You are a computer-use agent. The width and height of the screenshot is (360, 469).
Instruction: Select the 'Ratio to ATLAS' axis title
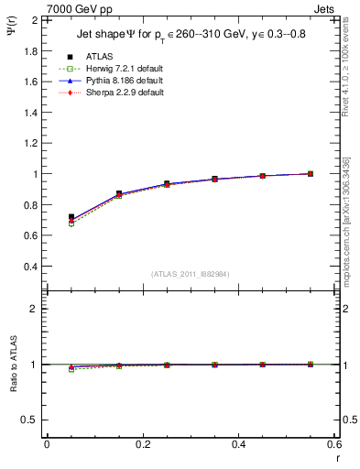14,387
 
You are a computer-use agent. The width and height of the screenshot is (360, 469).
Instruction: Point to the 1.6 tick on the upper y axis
31,81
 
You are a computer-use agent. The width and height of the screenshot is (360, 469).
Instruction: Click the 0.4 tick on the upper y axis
31,267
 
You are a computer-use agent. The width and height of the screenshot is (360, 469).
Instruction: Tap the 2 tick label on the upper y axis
35,19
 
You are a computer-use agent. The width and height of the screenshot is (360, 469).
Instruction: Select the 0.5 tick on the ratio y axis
30,420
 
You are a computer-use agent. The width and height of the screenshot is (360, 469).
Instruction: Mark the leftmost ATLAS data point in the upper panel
71,217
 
